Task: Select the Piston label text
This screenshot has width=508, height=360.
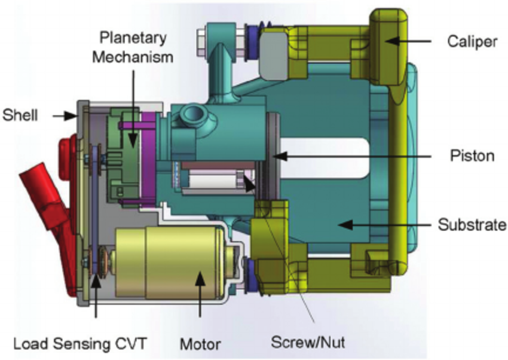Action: (x=473, y=156)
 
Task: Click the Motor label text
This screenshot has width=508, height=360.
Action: (x=200, y=344)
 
